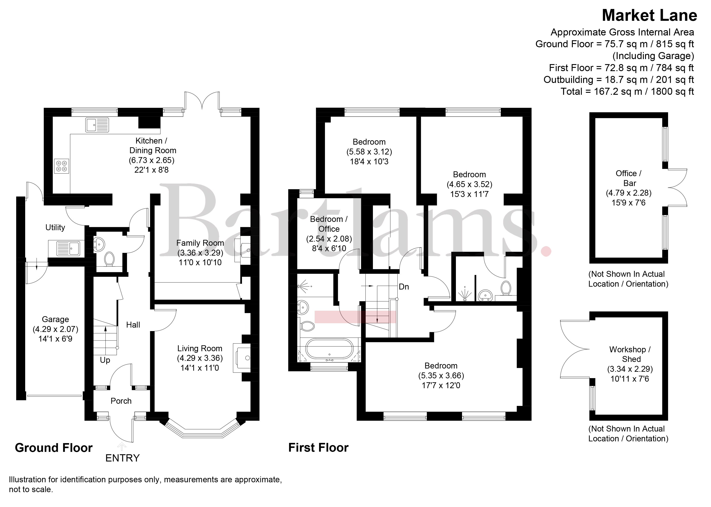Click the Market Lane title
[649, 15]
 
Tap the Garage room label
[55, 319]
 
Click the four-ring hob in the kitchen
[62, 166]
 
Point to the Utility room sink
[68, 249]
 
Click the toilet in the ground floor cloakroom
[109, 259]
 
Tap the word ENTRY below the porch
[122, 458]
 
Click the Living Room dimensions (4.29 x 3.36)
[200, 358]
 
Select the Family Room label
[200, 243]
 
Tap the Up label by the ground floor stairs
[105, 360]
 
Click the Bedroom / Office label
[329, 224]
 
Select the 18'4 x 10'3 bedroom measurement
[369, 161]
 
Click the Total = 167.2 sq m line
[627, 91]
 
